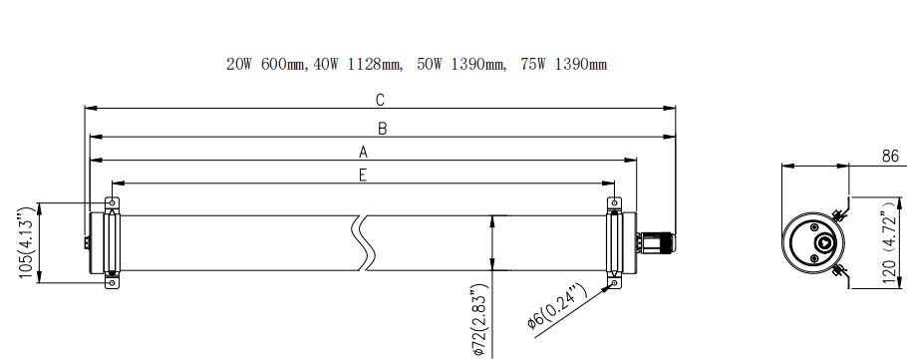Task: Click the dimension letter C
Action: point(380,100)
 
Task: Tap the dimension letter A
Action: point(364,153)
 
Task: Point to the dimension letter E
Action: point(363,176)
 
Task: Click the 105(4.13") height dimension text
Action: point(27,243)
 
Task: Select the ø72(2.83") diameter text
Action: point(479,320)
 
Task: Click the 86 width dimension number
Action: point(890,157)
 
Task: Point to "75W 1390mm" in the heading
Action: point(563,65)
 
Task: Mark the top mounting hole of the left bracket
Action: point(111,203)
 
